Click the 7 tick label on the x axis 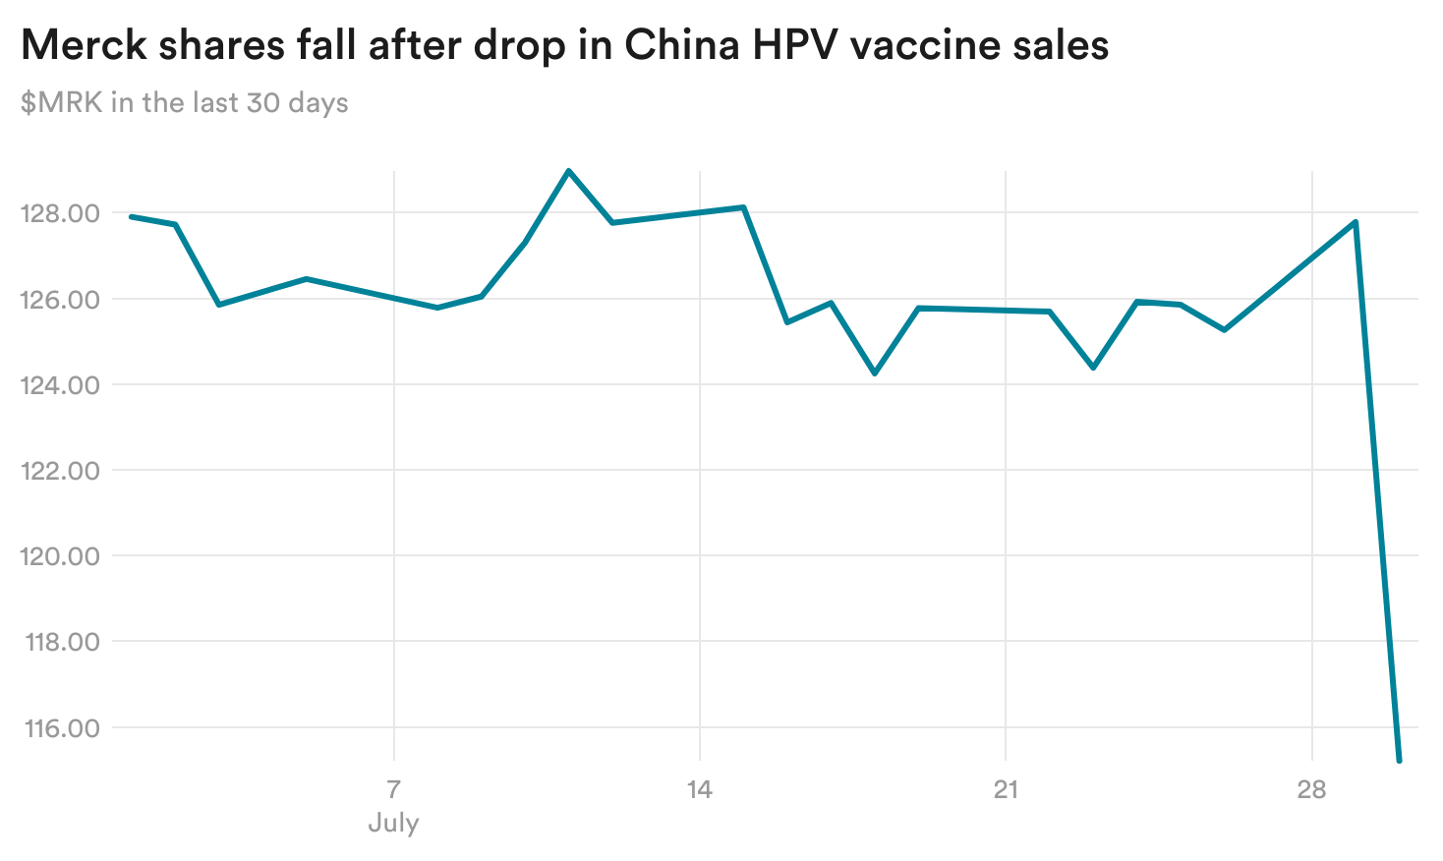pos(393,789)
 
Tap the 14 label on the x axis pos(699,789)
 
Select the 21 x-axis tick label pos(1006,789)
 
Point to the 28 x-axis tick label pos(1311,789)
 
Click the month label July pos(393,823)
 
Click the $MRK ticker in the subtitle pos(61,102)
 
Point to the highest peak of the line pos(568,170)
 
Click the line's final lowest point pos(1399,760)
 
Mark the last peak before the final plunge pos(1356,222)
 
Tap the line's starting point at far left pos(132,216)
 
